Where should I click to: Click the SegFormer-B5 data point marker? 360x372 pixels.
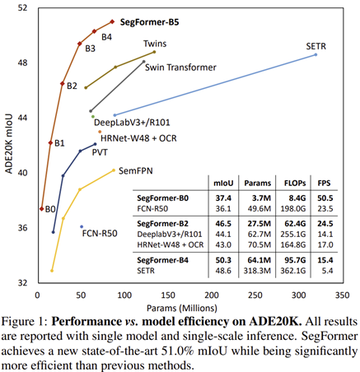tap(112, 21)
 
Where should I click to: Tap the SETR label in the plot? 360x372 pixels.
tap(316, 46)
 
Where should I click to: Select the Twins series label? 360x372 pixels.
tap(155, 44)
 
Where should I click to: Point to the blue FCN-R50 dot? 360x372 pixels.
tap(82, 226)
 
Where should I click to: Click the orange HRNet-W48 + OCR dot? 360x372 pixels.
tap(100, 132)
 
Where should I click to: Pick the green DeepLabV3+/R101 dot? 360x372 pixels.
tap(93, 117)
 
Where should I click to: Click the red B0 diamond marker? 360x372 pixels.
tap(42, 209)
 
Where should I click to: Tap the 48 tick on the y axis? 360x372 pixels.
tap(22, 63)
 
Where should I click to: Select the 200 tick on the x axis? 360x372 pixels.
tap(212, 295)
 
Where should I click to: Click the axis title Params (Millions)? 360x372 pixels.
tap(182, 308)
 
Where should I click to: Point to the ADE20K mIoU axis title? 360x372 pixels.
tap(9, 143)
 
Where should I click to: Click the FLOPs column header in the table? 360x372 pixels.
tap(295, 184)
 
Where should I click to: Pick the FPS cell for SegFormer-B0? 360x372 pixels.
tap(325, 198)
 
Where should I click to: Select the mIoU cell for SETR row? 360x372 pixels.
tap(223, 271)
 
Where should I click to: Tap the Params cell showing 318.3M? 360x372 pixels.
tap(257, 271)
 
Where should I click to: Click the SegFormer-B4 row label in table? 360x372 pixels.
tap(163, 260)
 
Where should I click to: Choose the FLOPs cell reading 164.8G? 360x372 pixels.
tap(293, 244)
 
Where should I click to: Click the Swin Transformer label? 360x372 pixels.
tap(180, 67)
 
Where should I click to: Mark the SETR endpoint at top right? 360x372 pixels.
tap(316, 54)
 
